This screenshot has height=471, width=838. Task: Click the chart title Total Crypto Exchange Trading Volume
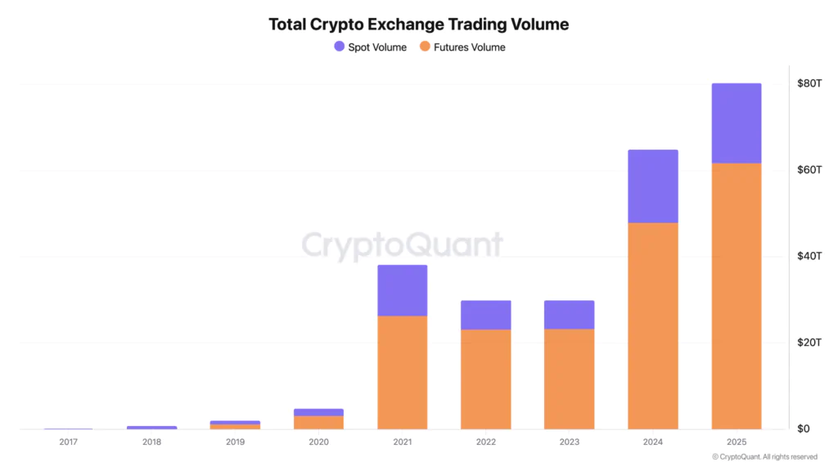coord(418,25)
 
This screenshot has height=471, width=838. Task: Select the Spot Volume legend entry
coord(370,47)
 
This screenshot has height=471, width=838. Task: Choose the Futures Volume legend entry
coord(462,47)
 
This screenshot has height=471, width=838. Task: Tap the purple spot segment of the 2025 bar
coord(736,123)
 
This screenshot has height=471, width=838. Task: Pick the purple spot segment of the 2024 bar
coord(652,186)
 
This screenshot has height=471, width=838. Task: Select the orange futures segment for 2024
coord(652,325)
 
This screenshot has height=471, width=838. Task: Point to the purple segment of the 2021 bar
coord(402,290)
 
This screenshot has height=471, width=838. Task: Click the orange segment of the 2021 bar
coord(402,372)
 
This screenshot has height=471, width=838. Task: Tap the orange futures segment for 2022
coord(485,379)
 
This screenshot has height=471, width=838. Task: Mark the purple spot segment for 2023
coord(569,315)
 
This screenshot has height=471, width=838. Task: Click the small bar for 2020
coord(318,419)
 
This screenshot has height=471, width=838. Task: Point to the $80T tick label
coord(809,83)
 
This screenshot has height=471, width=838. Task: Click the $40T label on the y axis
coord(809,257)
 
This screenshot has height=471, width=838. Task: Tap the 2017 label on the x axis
coord(68,442)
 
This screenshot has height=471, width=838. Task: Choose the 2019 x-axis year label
coord(235,442)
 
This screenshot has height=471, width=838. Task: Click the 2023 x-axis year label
coord(569,442)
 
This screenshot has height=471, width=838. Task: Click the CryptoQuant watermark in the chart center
coord(402,244)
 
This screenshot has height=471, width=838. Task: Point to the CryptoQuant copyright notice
coord(764,457)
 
